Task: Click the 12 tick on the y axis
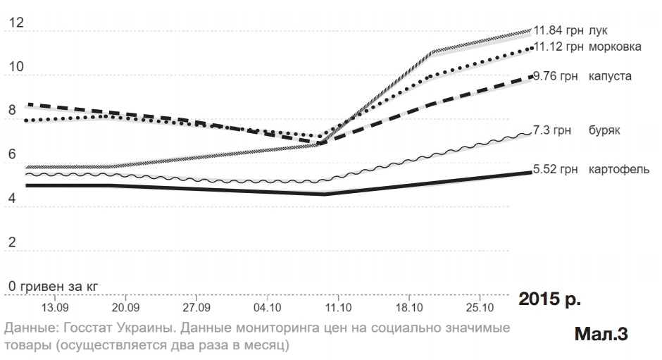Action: (x=15, y=23)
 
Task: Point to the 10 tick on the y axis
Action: (x=15, y=67)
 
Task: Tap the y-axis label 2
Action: (x=12, y=242)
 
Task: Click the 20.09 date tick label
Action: (x=125, y=307)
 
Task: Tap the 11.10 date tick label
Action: (x=338, y=307)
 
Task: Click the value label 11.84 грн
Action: (x=556, y=31)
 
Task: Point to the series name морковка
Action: (x=615, y=46)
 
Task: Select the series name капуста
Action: (x=610, y=75)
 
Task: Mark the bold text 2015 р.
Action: (x=549, y=298)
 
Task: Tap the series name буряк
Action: (x=604, y=131)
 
